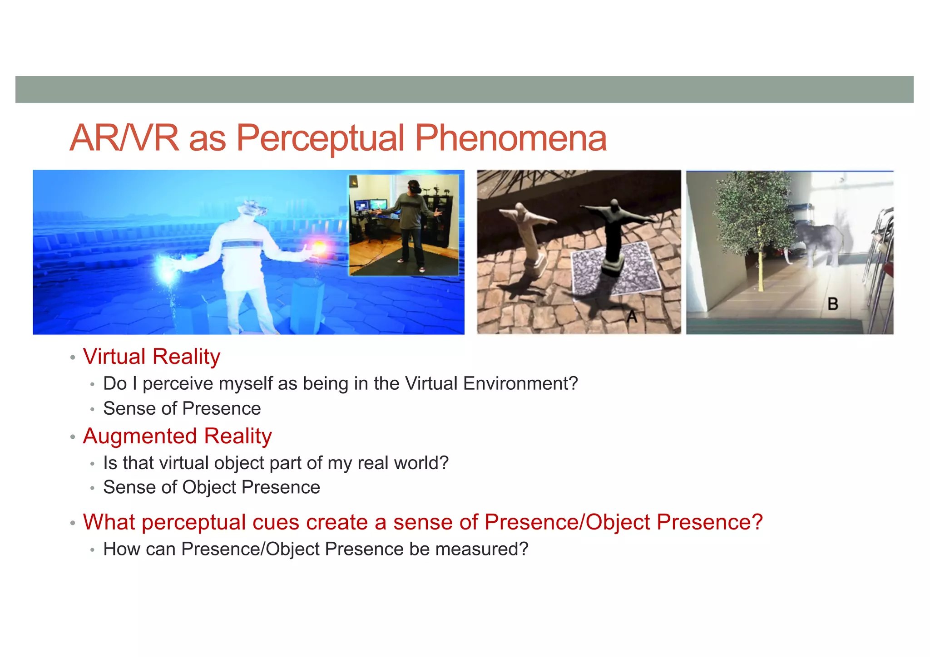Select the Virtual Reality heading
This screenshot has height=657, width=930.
(x=151, y=357)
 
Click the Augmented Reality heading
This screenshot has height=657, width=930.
(x=177, y=436)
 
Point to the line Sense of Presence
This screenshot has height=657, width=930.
(x=182, y=408)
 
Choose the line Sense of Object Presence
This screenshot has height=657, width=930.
(x=212, y=487)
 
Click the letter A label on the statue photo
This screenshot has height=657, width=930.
(x=632, y=316)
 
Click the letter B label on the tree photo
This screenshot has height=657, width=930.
(x=832, y=304)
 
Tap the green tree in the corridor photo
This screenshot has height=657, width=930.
(x=754, y=213)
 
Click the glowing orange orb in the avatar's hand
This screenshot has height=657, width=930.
(x=319, y=247)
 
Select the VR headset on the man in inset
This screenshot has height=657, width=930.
(x=414, y=186)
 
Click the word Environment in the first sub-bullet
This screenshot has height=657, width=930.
(x=520, y=384)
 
